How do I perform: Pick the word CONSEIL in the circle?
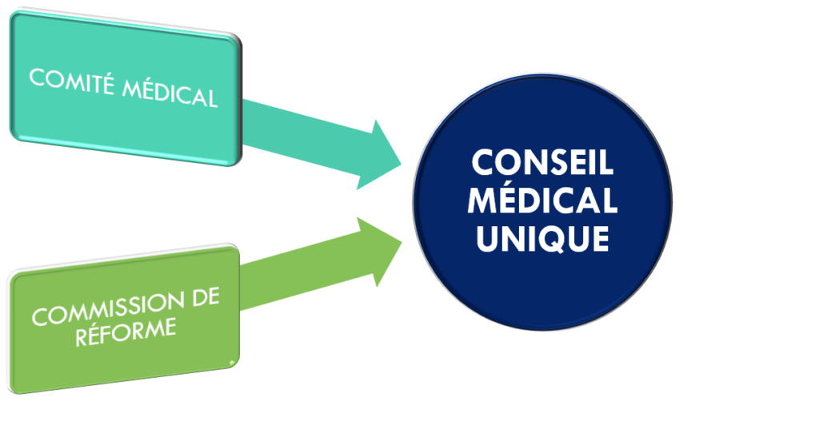click(x=542, y=165)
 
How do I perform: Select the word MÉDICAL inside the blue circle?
click(x=542, y=201)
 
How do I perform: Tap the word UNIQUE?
click(x=542, y=238)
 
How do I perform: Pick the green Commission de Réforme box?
click(x=124, y=320)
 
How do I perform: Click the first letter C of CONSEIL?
click(x=482, y=165)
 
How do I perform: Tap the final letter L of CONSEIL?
click(x=605, y=165)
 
